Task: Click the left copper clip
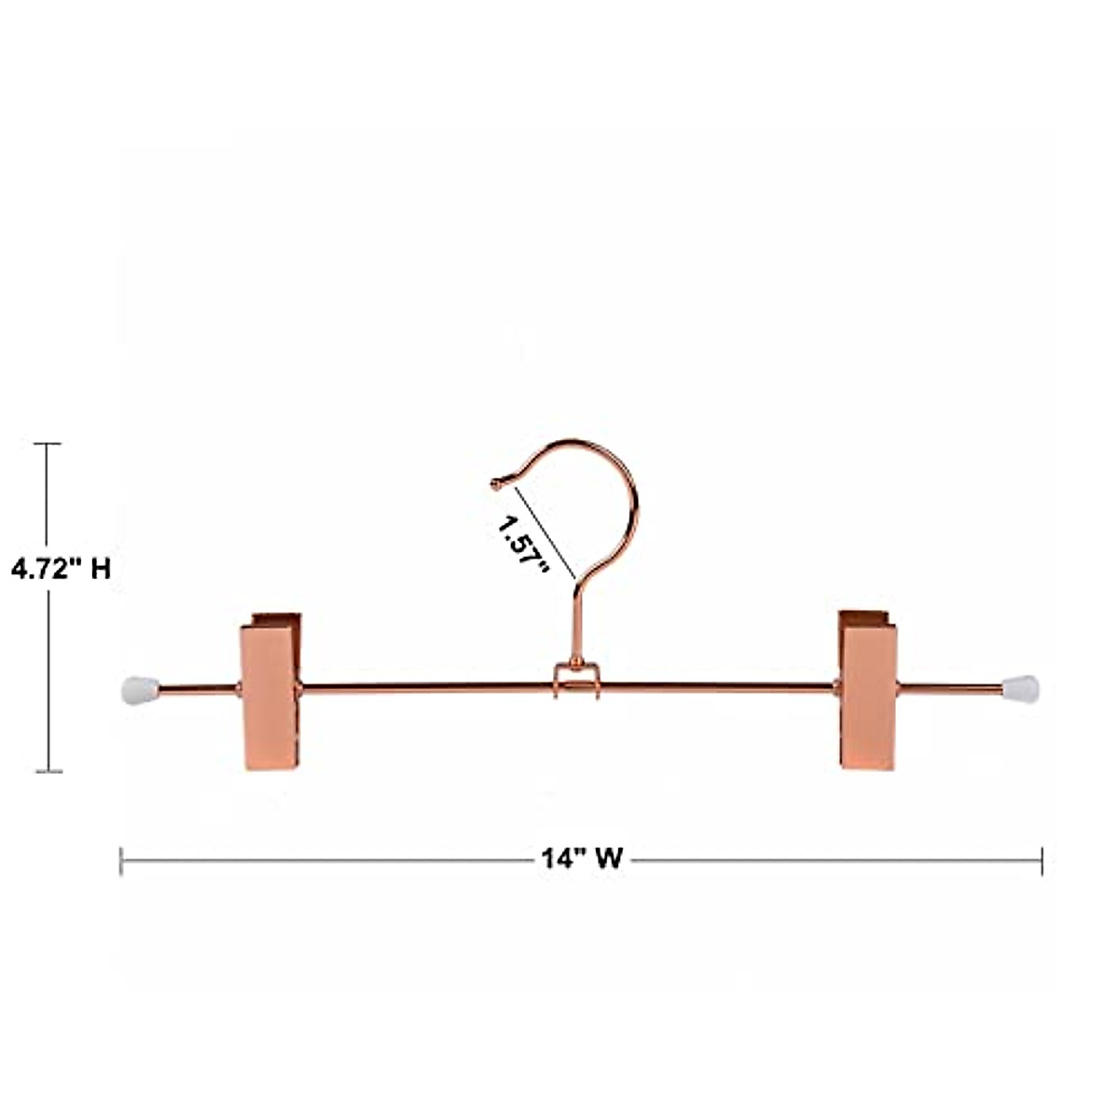[270, 691]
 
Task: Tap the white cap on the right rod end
[1023, 689]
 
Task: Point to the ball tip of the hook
[495, 483]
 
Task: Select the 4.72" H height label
[61, 569]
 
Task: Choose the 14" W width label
[582, 858]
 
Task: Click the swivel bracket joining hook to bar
[575, 678]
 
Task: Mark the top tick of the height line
[48, 444]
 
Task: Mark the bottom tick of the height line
[48, 771]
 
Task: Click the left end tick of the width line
[121, 861]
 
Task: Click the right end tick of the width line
[1041, 861]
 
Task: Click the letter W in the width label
[607, 858]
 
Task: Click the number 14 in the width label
[556, 858]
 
